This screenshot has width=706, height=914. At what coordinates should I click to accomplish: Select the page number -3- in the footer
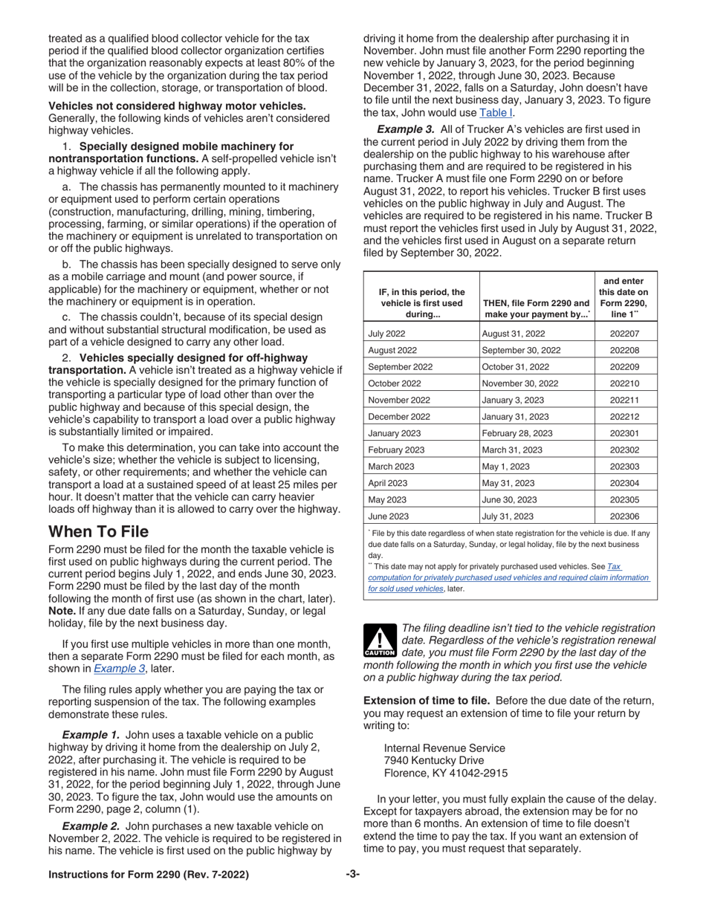pos(352,875)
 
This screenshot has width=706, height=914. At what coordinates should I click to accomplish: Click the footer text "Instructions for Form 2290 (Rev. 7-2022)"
pos(149,875)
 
